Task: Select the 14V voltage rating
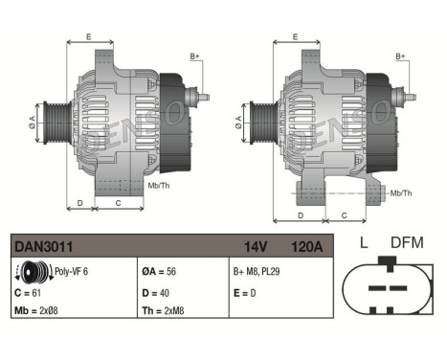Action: coord(256,248)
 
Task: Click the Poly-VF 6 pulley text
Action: coord(73,271)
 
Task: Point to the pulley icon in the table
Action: coord(34,271)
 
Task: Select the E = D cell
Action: coord(245,291)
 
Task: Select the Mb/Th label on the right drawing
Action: coord(401,193)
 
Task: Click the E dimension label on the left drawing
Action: coord(88,36)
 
